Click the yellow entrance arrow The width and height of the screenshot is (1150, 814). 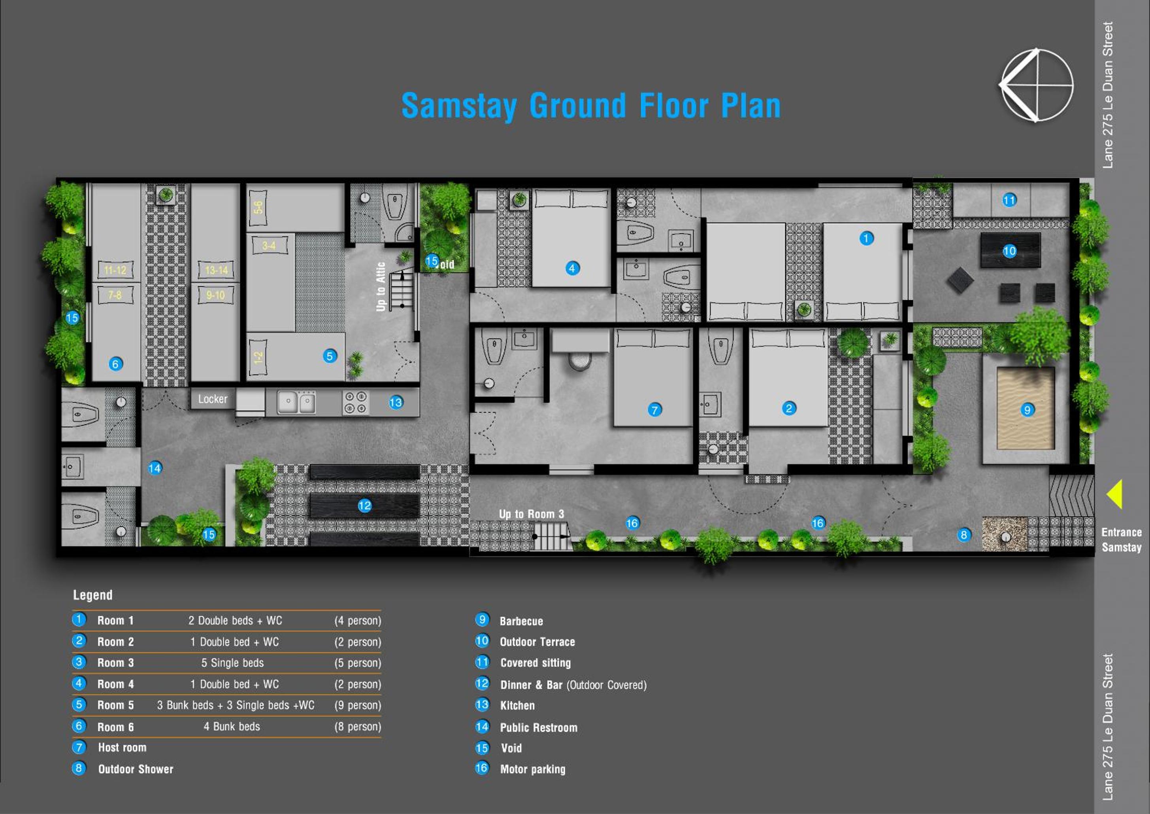tap(1116, 494)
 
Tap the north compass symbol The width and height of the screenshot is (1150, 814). tap(1036, 85)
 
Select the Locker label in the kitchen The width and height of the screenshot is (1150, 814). tap(212, 399)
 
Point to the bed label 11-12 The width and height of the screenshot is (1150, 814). tap(115, 270)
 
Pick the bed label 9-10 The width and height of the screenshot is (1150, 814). tap(215, 295)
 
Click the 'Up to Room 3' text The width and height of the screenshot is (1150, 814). tap(532, 514)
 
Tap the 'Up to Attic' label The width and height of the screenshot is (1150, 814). tap(381, 287)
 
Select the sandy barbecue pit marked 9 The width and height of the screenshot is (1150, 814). tap(1026, 408)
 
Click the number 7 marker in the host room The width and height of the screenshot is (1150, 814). tap(654, 410)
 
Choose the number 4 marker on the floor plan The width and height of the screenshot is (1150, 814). tap(572, 268)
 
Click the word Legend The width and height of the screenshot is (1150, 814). tap(92, 595)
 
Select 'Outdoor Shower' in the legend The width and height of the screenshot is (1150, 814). tap(136, 769)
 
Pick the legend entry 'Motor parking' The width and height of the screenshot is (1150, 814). tap(533, 769)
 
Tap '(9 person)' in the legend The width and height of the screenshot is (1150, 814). tap(358, 705)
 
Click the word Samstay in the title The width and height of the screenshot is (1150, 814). tap(459, 106)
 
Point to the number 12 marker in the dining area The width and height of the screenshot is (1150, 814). tap(365, 506)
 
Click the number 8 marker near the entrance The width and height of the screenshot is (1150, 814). tap(964, 535)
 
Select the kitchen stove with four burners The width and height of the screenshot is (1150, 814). tap(356, 403)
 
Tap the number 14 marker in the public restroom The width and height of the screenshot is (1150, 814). tap(155, 468)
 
